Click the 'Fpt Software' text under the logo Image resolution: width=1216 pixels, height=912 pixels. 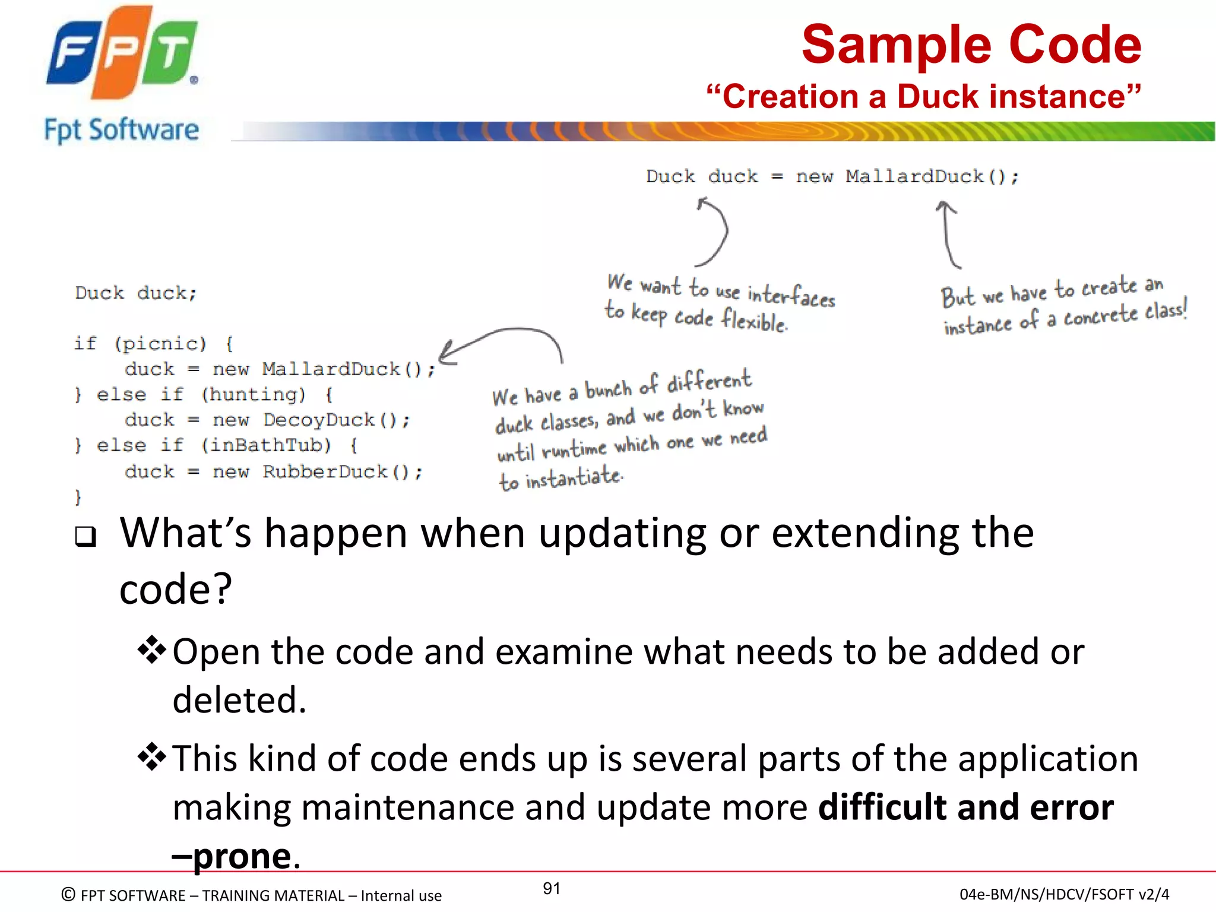click(122, 130)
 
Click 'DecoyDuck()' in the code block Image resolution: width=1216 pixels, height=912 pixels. click(335, 420)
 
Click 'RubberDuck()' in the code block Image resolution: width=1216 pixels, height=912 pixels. click(341, 472)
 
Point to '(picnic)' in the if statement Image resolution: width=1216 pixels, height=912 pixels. click(160, 344)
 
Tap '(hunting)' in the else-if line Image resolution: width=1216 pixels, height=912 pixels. click(254, 394)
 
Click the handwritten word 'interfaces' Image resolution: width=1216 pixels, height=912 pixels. click(791, 295)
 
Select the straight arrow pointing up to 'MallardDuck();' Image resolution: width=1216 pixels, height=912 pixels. click(948, 235)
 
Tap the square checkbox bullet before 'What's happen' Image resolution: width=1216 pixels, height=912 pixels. click(85, 536)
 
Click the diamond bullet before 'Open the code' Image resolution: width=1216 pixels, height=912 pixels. click(152, 650)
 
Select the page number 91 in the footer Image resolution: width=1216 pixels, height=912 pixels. click(552, 888)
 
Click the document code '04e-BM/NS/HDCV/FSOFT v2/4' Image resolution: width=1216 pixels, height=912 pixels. click(1064, 894)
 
